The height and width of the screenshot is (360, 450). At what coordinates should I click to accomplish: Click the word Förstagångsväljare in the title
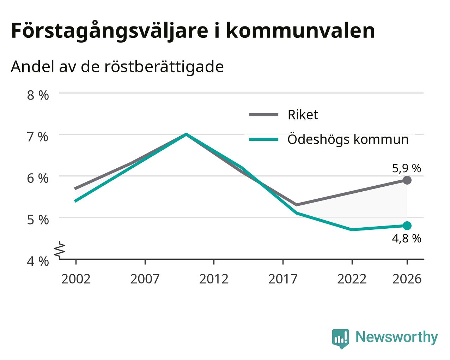point(110,31)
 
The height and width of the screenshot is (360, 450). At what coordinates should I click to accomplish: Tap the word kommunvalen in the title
point(300,31)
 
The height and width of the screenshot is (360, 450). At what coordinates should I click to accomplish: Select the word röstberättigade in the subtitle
point(164,67)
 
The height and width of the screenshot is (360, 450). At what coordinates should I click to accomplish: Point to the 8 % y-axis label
point(38,95)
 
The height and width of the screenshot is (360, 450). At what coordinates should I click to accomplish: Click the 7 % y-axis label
point(38,137)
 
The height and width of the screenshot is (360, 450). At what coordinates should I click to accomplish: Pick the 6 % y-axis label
point(38,179)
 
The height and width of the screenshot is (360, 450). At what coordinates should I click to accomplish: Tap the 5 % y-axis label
point(38,220)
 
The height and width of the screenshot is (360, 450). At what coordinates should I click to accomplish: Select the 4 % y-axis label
point(38,262)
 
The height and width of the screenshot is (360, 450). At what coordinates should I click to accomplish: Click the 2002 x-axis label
point(76,279)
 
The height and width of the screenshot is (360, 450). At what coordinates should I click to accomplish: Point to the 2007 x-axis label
point(145,279)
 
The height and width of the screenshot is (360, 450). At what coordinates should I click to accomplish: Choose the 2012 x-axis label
point(214,279)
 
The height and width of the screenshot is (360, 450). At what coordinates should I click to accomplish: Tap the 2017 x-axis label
point(283,279)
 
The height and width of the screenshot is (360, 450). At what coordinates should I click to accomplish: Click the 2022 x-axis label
point(352,279)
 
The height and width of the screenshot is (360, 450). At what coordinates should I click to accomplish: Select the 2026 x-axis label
point(407,279)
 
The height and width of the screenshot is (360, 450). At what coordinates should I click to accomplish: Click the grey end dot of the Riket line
point(407,180)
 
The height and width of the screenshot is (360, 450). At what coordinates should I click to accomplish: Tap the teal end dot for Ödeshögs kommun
point(407,226)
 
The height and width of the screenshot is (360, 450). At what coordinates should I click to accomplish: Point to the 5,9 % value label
point(407,168)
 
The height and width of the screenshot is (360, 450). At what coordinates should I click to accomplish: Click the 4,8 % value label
point(407,239)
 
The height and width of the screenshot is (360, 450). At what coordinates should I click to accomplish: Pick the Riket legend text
point(303,115)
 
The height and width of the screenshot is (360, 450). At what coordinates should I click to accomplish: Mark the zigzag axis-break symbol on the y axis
point(60,249)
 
